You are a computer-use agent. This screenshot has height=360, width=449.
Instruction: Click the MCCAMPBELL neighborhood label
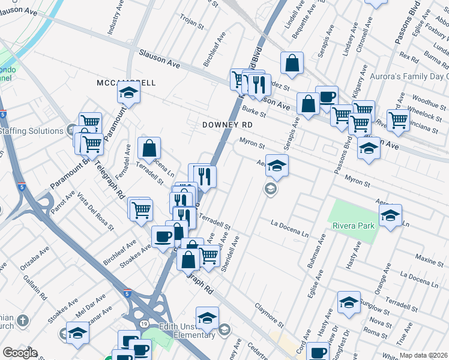click(126, 82)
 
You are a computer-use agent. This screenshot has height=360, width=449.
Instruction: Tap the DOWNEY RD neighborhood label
click(226, 124)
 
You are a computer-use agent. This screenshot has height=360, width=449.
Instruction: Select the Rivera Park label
click(354, 226)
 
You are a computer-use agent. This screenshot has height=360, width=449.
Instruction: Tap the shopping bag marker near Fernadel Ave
click(149, 148)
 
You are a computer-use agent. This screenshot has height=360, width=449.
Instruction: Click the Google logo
click(19, 353)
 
